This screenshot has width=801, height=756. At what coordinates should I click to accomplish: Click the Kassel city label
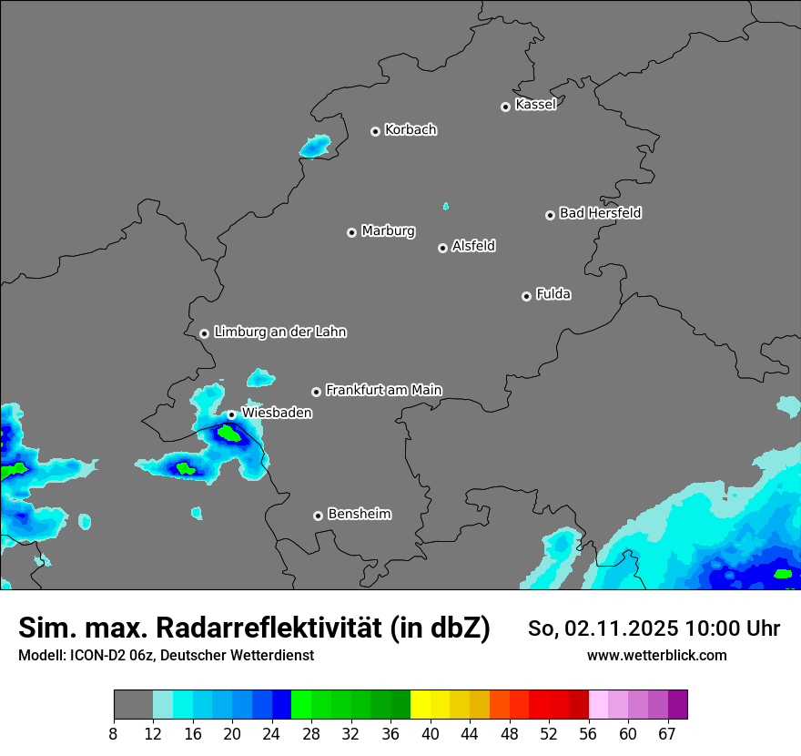click(535, 105)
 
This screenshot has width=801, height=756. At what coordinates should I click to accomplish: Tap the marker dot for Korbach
click(375, 131)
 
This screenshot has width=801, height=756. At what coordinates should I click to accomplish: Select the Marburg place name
click(388, 231)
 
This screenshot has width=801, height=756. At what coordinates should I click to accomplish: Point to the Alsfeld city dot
click(442, 248)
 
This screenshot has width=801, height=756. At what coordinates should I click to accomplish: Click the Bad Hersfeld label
click(600, 213)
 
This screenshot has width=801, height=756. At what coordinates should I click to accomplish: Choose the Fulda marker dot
click(526, 296)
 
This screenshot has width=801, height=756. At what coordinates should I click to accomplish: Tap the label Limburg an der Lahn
click(279, 332)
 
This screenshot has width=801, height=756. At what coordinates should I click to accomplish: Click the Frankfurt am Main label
click(383, 390)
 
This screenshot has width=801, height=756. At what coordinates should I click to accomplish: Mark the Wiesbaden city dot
click(231, 414)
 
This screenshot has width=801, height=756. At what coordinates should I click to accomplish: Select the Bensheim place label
click(359, 514)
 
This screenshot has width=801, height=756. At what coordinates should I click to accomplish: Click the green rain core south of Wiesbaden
click(232, 434)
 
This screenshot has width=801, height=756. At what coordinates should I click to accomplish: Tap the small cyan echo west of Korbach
click(316, 145)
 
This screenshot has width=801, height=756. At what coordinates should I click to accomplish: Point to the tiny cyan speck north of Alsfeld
click(445, 206)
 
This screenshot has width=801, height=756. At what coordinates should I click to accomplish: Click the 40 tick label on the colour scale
click(431, 734)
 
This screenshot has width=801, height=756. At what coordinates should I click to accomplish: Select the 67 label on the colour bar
click(667, 734)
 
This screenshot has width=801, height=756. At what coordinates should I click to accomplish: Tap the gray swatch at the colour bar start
click(133, 705)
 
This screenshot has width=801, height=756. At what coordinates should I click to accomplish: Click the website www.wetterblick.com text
click(656, 655)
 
